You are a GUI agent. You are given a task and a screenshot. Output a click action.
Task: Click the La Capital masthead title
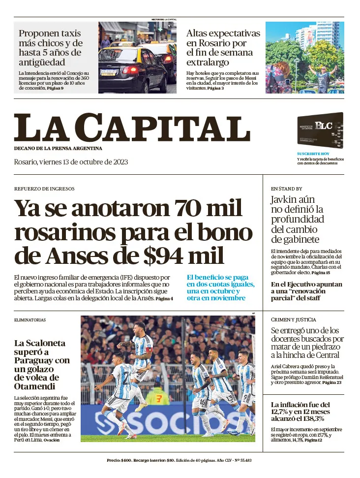click(132, 127)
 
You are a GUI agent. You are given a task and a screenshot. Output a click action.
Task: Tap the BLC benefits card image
click(320, 130)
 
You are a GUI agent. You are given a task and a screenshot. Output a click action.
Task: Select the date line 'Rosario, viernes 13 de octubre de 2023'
click(71, 162)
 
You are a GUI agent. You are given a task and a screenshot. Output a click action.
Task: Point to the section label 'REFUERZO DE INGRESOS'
click(44, 189)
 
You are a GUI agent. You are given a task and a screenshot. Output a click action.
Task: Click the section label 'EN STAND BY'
click(286, 189)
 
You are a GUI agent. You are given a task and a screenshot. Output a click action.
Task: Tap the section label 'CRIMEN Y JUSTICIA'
click(294, 319)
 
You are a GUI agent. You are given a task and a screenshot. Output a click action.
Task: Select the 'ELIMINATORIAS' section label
click(30, 320)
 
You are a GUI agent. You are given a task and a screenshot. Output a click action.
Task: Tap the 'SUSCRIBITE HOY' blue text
click(313, 154)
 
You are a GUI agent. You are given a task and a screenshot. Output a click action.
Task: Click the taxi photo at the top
click(137, 57)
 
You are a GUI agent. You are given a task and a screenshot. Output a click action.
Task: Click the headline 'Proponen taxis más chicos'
click(51, 48)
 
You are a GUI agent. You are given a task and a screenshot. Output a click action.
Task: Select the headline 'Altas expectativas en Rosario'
click(223, 48)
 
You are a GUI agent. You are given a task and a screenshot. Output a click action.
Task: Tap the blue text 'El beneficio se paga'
click(217, 277)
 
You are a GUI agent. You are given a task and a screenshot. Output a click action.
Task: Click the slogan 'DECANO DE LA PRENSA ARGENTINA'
click(58, 149)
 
